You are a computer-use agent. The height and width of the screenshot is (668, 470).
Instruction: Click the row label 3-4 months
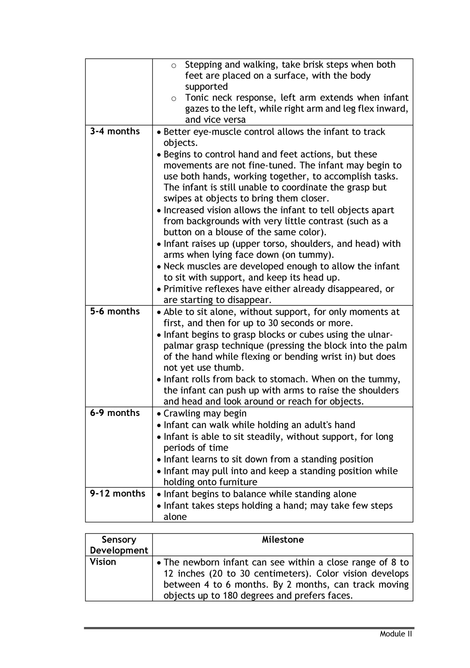(x=115, y=131)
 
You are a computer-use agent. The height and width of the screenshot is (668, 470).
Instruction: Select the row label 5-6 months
(x=115, y=311)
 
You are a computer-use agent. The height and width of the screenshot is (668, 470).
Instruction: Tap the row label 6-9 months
(x=115, y=413)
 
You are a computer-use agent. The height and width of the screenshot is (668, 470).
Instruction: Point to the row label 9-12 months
(x=117, y=493)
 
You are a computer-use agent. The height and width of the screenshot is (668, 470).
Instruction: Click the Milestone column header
(x=283, y=540)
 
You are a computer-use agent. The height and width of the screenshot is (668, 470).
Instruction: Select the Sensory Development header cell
(x=119, y=545)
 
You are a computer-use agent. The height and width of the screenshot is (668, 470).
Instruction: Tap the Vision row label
(x=103, y=562)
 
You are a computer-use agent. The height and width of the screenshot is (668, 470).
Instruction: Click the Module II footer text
(x=396, y=634)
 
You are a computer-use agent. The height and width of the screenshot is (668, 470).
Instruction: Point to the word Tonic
(x=197, y=98)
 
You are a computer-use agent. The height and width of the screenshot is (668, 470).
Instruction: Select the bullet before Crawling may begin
(x=159, y=414)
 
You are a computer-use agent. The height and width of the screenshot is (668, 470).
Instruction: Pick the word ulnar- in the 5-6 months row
(x=378, y=335)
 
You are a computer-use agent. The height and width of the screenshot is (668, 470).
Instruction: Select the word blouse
(x=229, y=232)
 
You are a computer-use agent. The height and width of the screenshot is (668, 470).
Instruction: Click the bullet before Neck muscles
(x=159, y=267)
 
